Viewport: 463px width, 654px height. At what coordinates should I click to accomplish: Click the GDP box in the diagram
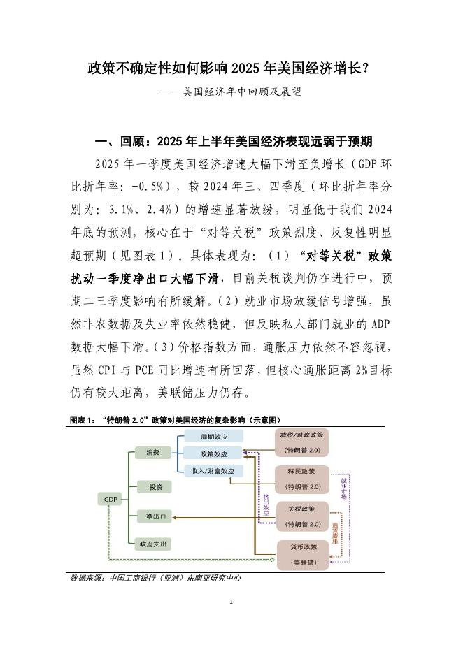point(110,499)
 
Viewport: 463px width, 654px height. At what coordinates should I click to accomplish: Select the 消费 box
point(153,453)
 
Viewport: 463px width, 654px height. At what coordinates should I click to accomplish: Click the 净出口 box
point(155,517)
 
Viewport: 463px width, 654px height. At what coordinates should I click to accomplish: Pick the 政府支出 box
point(155,543)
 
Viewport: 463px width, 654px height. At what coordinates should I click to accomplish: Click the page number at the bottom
point(231,602)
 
